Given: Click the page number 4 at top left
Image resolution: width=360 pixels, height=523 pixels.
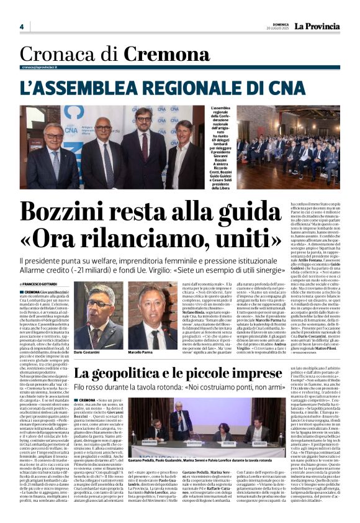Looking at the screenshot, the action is pyautogui.click(x=21, y=27).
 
